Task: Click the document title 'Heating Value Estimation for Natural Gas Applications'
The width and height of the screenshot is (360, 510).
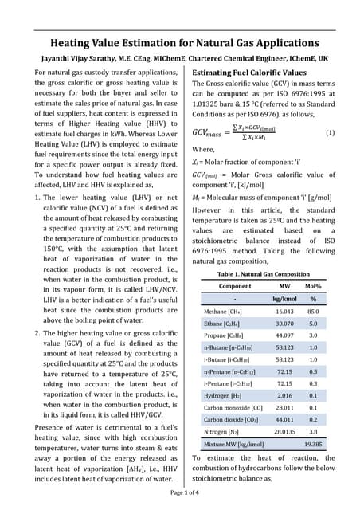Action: pos(179,43)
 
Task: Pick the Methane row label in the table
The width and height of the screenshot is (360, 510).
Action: pos(225,312)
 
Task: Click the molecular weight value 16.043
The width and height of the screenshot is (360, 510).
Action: pos(284,312)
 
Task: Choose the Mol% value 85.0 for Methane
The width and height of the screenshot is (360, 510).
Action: pos(313,312)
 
